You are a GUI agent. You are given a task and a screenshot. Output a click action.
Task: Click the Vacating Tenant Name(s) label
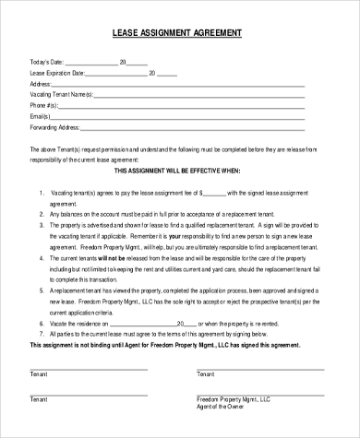tap(62, 94)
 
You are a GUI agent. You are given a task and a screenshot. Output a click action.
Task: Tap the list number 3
tap(42, 224)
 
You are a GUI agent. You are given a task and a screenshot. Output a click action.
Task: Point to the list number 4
tap(42, 260)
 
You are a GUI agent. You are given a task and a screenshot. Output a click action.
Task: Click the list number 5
tap(42, 290)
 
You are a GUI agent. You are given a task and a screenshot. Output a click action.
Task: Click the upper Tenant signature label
tap(38, 375)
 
